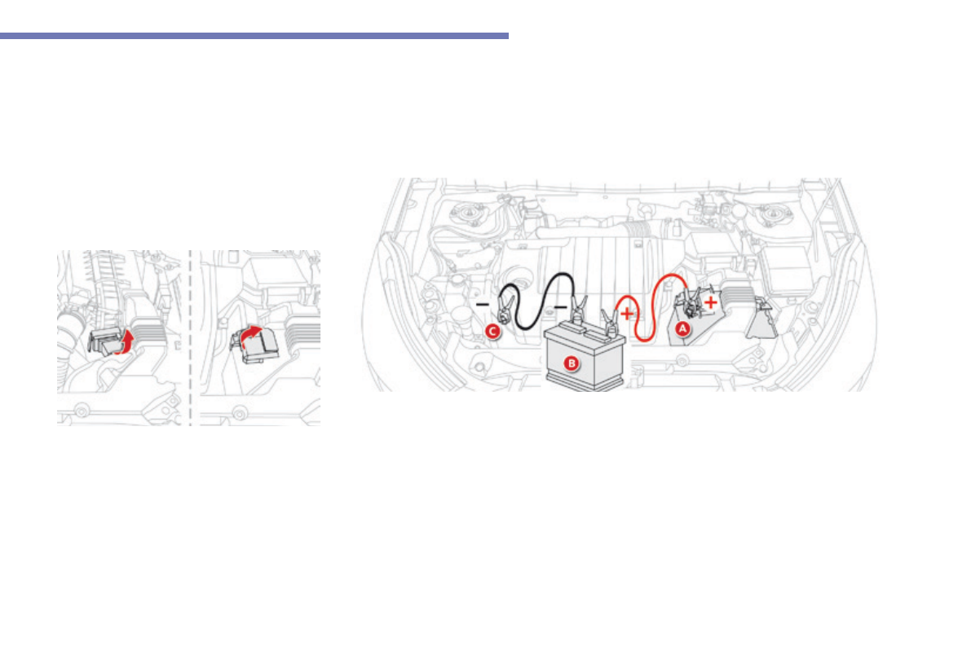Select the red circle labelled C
pyautogui.click(x=491, y=331)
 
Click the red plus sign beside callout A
pyautogui.click(x=710, y=303)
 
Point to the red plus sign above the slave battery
pyautogui.click(x=627, y=311)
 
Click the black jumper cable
pyautogui.click(x=534, y=314)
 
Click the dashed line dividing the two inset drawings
pyautogui.click(x=190, y=338)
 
